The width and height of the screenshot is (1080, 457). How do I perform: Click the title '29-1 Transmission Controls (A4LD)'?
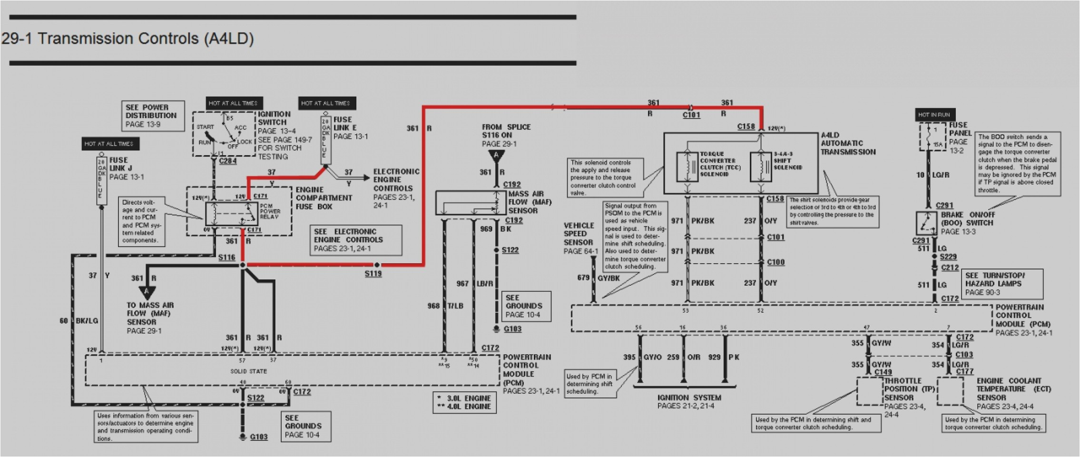(x=128, y=39)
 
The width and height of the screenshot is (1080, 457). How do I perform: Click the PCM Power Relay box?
(x=232, y=214)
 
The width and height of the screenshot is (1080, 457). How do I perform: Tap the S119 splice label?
(x=373, y=274)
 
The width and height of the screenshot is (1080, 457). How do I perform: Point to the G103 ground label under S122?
(x=258, y=437)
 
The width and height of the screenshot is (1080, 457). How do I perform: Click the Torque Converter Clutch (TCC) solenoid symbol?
(x=687, y=167)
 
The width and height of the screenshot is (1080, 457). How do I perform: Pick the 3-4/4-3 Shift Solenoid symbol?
(x=761, y=167)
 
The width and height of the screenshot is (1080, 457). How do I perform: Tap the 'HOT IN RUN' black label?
(x=933, y=115)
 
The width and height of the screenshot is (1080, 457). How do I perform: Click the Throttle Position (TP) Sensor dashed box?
(x=870, y=391)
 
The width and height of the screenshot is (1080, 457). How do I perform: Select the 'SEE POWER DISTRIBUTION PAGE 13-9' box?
(x=152, y=116)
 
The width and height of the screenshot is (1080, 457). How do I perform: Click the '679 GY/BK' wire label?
(x=601, y=278)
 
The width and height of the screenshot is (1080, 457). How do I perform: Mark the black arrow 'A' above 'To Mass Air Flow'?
(x=147, y=292)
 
